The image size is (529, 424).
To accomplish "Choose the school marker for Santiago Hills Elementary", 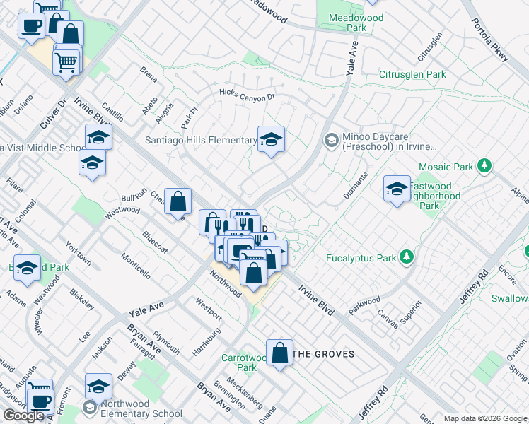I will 270,141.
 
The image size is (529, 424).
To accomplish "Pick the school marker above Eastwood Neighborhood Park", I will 397,189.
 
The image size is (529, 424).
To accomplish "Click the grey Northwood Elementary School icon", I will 91,408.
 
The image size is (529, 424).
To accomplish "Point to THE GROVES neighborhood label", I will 324,354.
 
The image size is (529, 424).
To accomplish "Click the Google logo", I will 23,416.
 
